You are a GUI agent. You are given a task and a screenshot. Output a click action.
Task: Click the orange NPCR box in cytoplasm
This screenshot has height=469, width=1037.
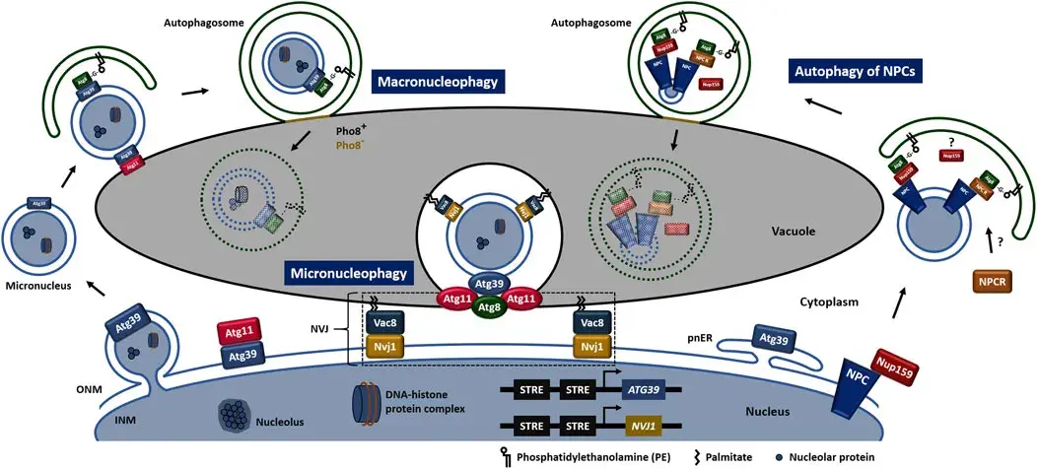point(994,282)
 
